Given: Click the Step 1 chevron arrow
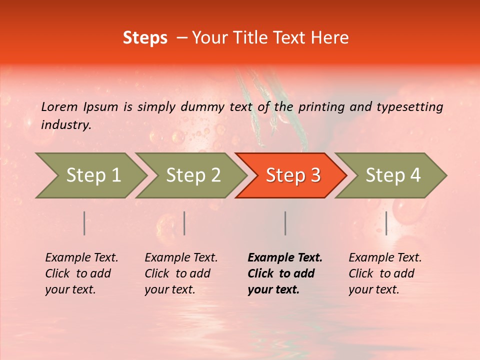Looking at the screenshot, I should (x=90, y=175).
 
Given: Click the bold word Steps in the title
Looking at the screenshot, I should (x=145, y=38).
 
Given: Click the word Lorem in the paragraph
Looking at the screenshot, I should (x=59, y=106).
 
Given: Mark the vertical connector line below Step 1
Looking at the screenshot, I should (x=84, y=223).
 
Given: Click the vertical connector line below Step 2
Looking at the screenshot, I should (x=184, y=223).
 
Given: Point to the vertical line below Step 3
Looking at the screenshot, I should (x=285, y=223).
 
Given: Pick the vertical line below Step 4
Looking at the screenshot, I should (x=386, y=223).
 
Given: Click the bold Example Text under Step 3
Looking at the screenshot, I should (x=285, y=257).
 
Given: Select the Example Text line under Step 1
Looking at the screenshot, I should (x=81, y=257).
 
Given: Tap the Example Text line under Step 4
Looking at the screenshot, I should (x=385, y=257).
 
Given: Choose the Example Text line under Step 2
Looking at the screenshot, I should (x=181, y=257).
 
